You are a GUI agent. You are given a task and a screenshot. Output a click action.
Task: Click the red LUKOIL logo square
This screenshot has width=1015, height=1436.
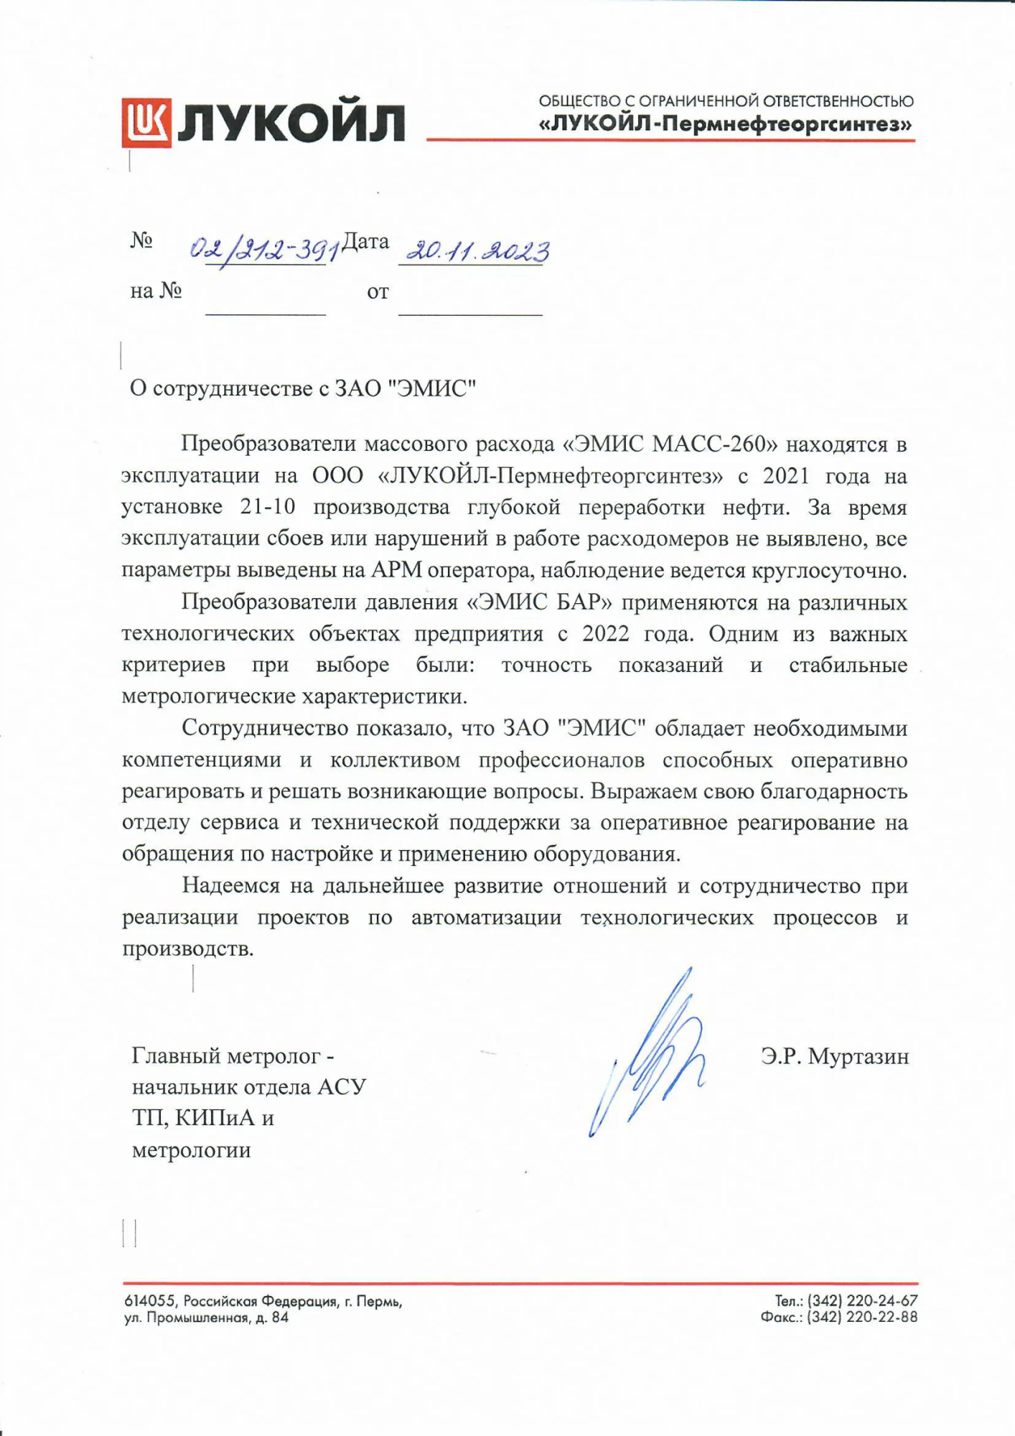tap(146, 122)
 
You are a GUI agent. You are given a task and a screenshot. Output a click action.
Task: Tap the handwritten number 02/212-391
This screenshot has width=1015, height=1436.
tap(265, 251)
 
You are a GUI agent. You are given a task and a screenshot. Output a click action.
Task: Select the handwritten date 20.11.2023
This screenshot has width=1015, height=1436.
tap(477, 251)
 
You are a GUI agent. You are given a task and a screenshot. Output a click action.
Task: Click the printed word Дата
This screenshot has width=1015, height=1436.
tap(365, 241)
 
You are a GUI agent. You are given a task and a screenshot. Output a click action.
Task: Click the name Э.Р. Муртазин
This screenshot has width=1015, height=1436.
tap(835, 1056)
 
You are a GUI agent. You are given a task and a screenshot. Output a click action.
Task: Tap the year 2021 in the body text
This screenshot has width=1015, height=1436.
tap(786, 476)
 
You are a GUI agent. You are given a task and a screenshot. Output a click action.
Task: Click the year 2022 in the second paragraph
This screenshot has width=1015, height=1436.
tap(606, 634)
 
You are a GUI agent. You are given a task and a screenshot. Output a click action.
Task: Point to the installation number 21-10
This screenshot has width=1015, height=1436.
tap(268, 508)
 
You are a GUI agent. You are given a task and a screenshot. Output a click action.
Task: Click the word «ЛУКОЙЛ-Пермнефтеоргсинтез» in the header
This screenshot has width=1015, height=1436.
tap(726, 124)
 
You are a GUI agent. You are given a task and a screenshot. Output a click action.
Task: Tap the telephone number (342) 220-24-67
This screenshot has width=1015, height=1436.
tap(862, 1300)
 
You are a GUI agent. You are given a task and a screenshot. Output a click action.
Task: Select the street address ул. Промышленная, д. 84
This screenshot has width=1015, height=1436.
tap(207, 1318)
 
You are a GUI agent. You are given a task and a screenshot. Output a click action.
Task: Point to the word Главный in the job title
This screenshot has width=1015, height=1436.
tap(175, 1055)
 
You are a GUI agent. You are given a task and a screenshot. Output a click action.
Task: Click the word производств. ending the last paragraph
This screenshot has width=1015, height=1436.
tap(188, 948)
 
